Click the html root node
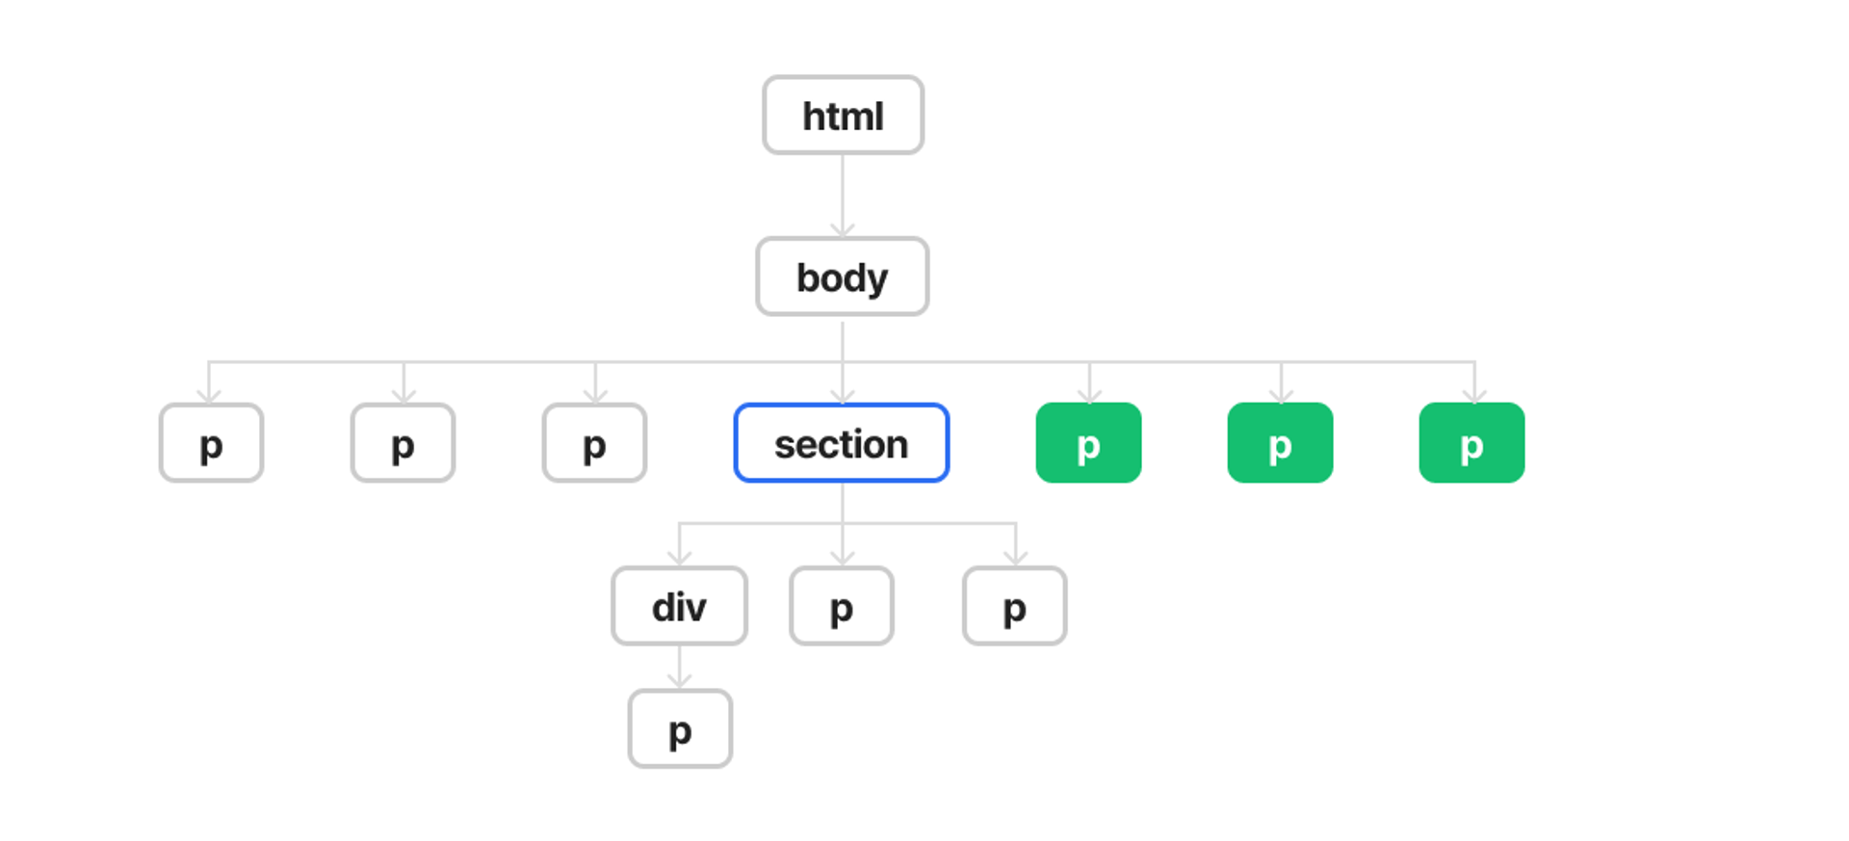point(843,116)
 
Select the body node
point(843,277)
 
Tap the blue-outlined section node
point(842,443)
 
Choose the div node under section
point(680,606)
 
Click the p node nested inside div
point(680,729)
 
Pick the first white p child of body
point(211,443)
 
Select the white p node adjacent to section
point(594,443)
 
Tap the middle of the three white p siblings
point(403,443)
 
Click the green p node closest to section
point(1088,443)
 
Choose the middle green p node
point(1280,443)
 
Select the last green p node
point(1471,443)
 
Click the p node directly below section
point(842,606)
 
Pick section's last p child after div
point(1015,606)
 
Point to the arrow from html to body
point(843,196)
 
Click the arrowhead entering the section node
point(843,395)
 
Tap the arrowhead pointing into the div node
point(680,558)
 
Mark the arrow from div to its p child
point(680,668)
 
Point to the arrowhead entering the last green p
point(1474,395)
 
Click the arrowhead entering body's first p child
point(209,395)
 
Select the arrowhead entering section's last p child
point(1015,558)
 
